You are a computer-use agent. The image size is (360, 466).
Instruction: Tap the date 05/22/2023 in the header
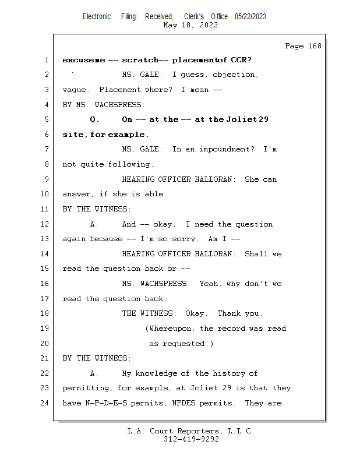click(x=250, y=16)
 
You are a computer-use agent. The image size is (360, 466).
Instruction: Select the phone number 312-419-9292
click(x=191, y=440)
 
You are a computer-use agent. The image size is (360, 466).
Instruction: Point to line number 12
click(x=46, y=224)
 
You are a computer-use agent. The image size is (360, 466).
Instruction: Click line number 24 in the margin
click(x=46, y=403)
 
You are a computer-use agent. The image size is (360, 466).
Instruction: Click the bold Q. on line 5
click(x=95, y=119)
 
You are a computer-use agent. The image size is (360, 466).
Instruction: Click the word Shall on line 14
click(x=256, y=254)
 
